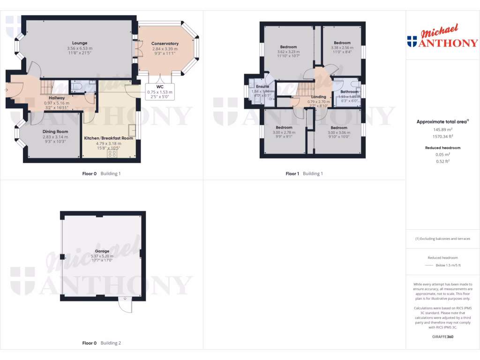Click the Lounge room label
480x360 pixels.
pyautogui.click(x=80, y=43)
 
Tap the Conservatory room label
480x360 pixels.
pyautogui.click(x=165, y=44)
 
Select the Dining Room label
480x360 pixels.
pyautogui.click(x=55, y=132)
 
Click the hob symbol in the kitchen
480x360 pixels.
pyautogui.click(x=112, y=153)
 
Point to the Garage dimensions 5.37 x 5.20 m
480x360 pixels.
pyautogui.click(x=102, y=256)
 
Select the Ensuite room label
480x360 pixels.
pyautogui.click(x=262, y=87)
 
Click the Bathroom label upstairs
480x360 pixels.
pyautogui.click(x=349, y=92)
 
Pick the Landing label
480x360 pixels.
pyautogui.click(x=318, y=97)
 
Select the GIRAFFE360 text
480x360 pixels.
pyautogui.click(x=442, y=337)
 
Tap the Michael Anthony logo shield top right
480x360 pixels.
pyautogui.click(x=412, y=42)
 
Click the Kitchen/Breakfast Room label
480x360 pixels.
pyautogui.click(x=109, y=138)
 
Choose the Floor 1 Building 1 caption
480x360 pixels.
pyautogui.click(x=304, y=173)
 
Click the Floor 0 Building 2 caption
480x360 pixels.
pyautogui.click(x=101, y=343)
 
